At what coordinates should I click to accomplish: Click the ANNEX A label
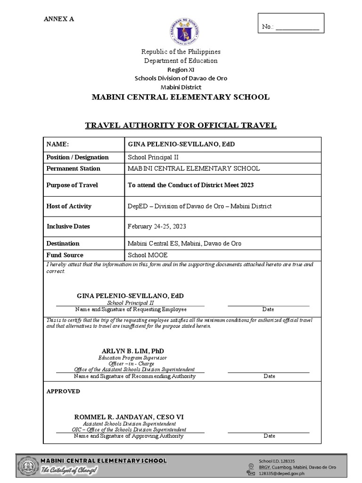(59, 19)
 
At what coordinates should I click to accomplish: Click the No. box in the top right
(290, 23)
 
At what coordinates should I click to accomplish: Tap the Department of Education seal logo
(181, 31)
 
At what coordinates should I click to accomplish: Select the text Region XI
(181, 69)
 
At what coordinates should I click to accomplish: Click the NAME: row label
(58, 144)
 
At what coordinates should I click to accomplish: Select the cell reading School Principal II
(153, 157)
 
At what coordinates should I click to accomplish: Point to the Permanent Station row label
(73, 168)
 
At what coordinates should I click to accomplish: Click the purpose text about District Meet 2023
(190, 185)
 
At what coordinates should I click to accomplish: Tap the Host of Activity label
(69, 206)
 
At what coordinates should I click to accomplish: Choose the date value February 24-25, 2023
(157, 226)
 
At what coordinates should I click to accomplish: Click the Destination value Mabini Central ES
(184, 243)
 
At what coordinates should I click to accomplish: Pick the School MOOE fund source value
(148, 255)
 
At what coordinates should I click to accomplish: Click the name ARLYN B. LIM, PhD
(134, 351)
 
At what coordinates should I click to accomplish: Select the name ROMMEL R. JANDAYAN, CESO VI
(129, 417)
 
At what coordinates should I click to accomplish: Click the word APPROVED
(63, 391)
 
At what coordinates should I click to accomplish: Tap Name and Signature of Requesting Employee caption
(131, 309)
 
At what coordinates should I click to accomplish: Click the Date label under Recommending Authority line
(269, 376)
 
